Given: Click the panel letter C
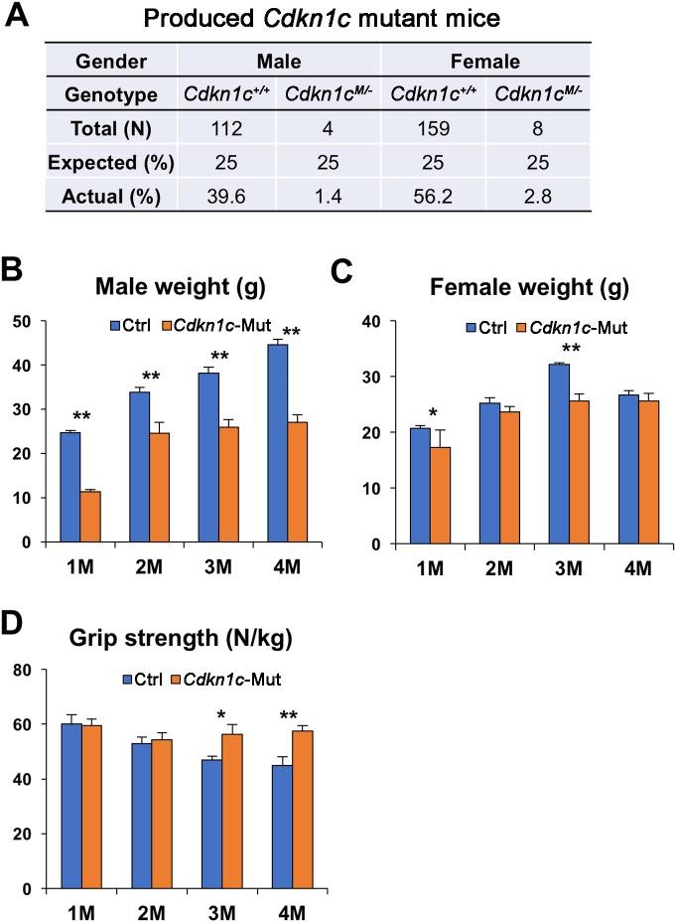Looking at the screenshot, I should coord(341,271).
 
